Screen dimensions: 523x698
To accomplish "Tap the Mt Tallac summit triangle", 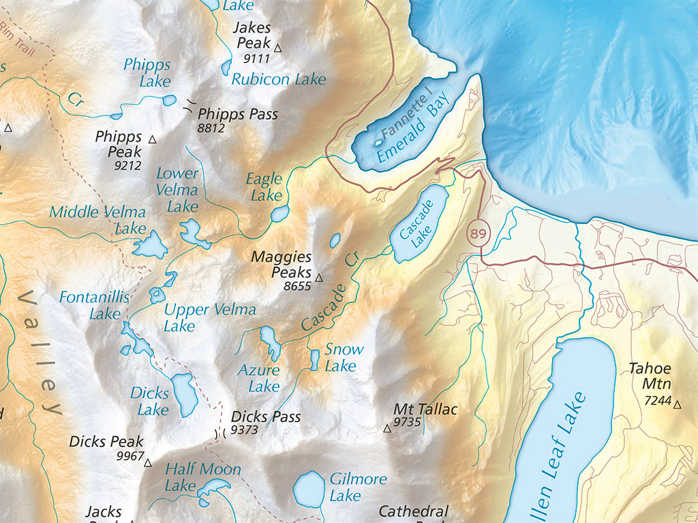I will coord(387,428).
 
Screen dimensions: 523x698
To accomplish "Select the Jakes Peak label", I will coord(252,35).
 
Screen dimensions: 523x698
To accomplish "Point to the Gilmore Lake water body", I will coord(309,488).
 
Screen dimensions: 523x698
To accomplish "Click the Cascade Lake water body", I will coord(419,224).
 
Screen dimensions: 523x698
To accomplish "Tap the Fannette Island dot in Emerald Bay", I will coord(378,144).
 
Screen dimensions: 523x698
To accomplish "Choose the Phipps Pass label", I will coord(237,114).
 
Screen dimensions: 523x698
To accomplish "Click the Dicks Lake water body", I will coord(183,394).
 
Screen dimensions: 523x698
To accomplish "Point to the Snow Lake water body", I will coord(315,360).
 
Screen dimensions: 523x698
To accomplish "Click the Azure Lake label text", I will coord(258,378).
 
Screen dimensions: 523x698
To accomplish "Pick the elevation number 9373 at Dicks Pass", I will coord(243,430).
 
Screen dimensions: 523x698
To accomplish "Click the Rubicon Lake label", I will coord(279,80).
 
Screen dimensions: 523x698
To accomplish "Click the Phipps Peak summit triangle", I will coord(152,139).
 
